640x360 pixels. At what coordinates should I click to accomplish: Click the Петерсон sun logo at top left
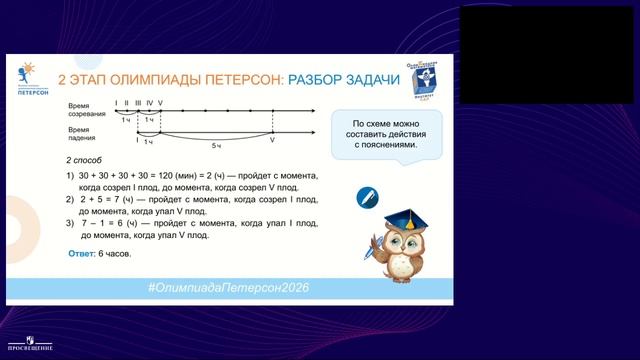pos(26,71)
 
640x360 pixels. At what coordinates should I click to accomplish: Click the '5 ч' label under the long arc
pos(214,145)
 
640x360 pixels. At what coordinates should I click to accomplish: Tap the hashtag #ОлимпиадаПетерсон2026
pos(227,287)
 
